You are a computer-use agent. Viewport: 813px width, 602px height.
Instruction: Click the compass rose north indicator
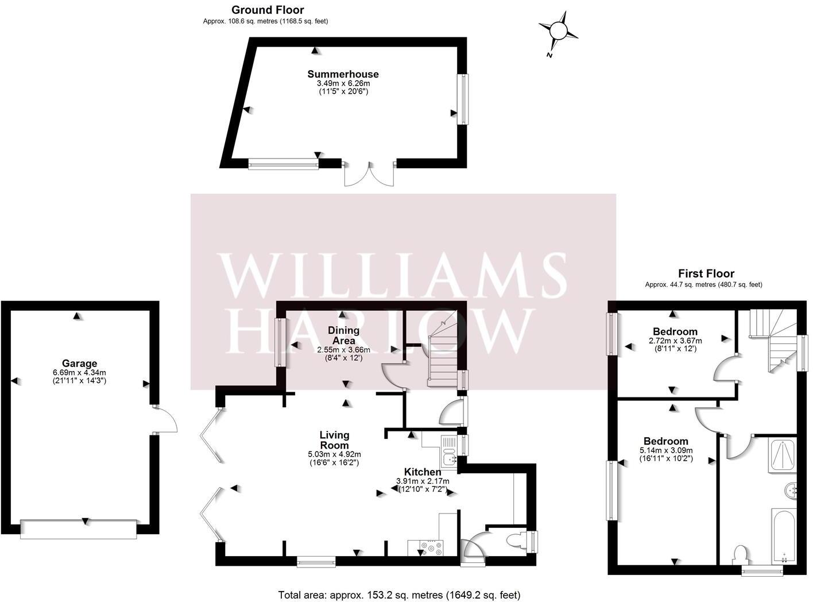[x=558, y=31]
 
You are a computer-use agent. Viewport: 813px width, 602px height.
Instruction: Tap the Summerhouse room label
[x=343, y=74]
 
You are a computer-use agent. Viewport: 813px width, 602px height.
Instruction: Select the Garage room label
[x=79, y=363]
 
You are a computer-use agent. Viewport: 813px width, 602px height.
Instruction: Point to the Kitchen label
[x=423, y=472]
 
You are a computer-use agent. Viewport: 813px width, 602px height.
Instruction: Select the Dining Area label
[x=343, y=335]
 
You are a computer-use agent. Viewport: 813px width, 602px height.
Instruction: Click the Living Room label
[x=334, y=440]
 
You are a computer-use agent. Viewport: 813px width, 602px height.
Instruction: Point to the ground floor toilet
[x=514, y=541]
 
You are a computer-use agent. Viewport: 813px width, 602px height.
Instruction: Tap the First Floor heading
[x=706, y=273]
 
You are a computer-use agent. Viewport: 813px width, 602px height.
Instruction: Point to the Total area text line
[x=399, y=595]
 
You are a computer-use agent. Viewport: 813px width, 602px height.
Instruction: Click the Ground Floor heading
[x=268, y=10]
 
